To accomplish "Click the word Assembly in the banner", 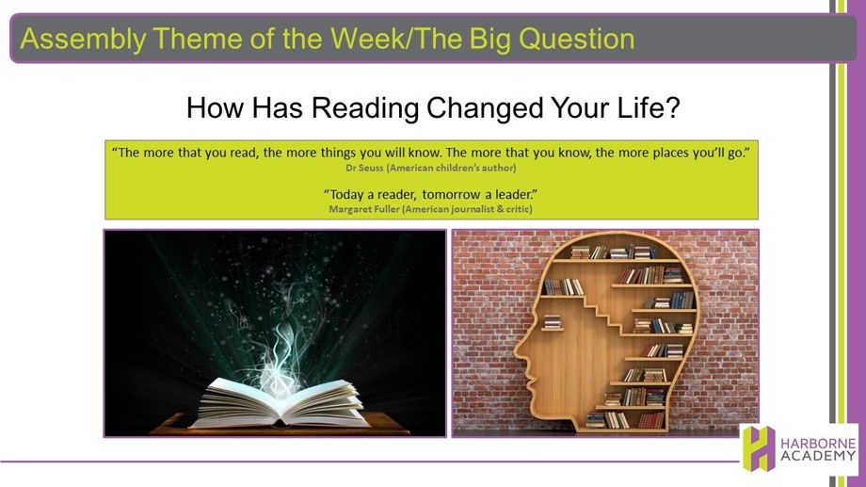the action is [83, 40].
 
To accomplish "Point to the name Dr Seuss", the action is [364, 168].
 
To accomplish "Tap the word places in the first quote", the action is [670, 154].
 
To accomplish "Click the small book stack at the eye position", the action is [552, 322].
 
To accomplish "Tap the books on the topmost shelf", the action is [613, 252].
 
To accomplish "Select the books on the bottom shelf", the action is [625, 420].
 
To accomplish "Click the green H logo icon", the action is [759, 448].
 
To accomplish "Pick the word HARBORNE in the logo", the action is [818, 444].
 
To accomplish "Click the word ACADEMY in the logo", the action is [818, 456].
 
